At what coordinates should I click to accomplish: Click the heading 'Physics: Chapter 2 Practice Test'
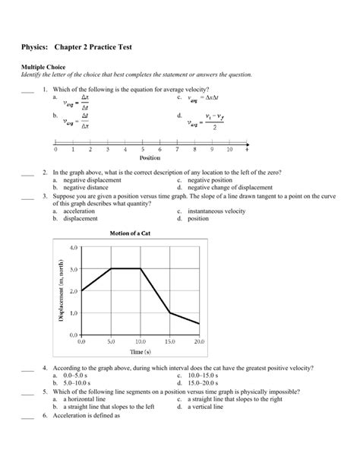click(77, 47)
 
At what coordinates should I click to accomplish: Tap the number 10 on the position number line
click(229, 151)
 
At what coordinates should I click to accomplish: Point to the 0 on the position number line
click(55, 151)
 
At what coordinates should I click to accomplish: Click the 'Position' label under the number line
click(150, 160)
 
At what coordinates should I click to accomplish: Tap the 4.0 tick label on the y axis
click(73, 248)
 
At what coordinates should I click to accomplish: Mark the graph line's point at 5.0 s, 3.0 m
click(111, 268)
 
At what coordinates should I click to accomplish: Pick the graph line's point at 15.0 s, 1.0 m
click(169, 312)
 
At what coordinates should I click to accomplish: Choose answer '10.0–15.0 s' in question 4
click(202, 376)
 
